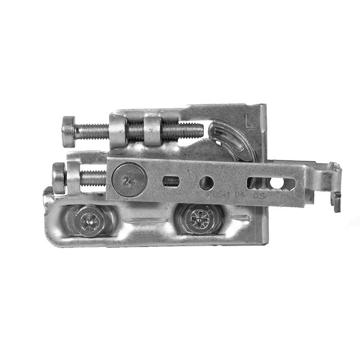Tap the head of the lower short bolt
pyautogui.click(x=58, y=177)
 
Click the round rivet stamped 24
pyautogui.click(x=125, y=181)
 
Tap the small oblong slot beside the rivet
pyautogui.click(x=170, y=181)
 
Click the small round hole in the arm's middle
pyautogui.click(x=207, y=182)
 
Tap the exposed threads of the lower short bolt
pyautogui.click(x=93, y=178)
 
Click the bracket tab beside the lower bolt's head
pyautogui.click(x=74, y=177)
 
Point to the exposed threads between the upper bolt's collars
pyautogui.click(x=135, y=131)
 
